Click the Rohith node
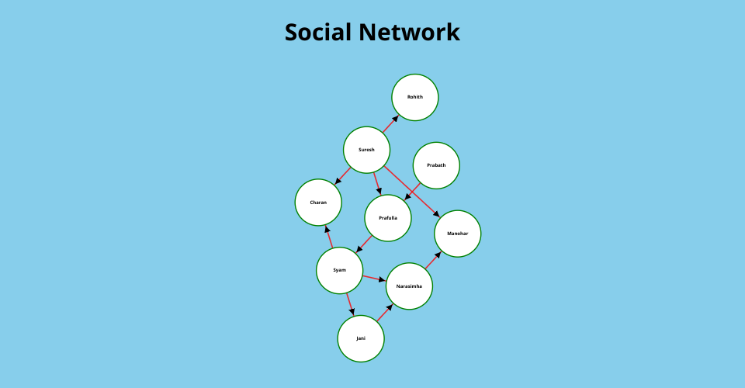tap(414, 97)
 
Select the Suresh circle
tap(367, 150)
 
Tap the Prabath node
tap(436, 165)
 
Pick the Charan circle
tap(318, 203)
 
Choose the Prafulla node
tap(388, 218)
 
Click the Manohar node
tap(458, 234)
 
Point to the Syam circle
tap(340, 270)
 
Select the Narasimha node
tap(409, 286)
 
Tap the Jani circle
tap(361, 338)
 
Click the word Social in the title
tap(318, 33)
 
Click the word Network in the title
tap(409, 33)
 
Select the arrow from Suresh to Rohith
tap(390, 124)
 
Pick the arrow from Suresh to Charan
tap(342, 175)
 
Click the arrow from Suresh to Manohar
tap(412, 192)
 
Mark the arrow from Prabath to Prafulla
tap(412, 192)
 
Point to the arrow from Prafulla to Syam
tap(364, 244)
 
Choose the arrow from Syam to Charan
tap(329, 237)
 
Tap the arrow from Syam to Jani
tap(351, 304)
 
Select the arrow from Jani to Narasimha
tap(385, 313)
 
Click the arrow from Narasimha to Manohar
tap(433, 260)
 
